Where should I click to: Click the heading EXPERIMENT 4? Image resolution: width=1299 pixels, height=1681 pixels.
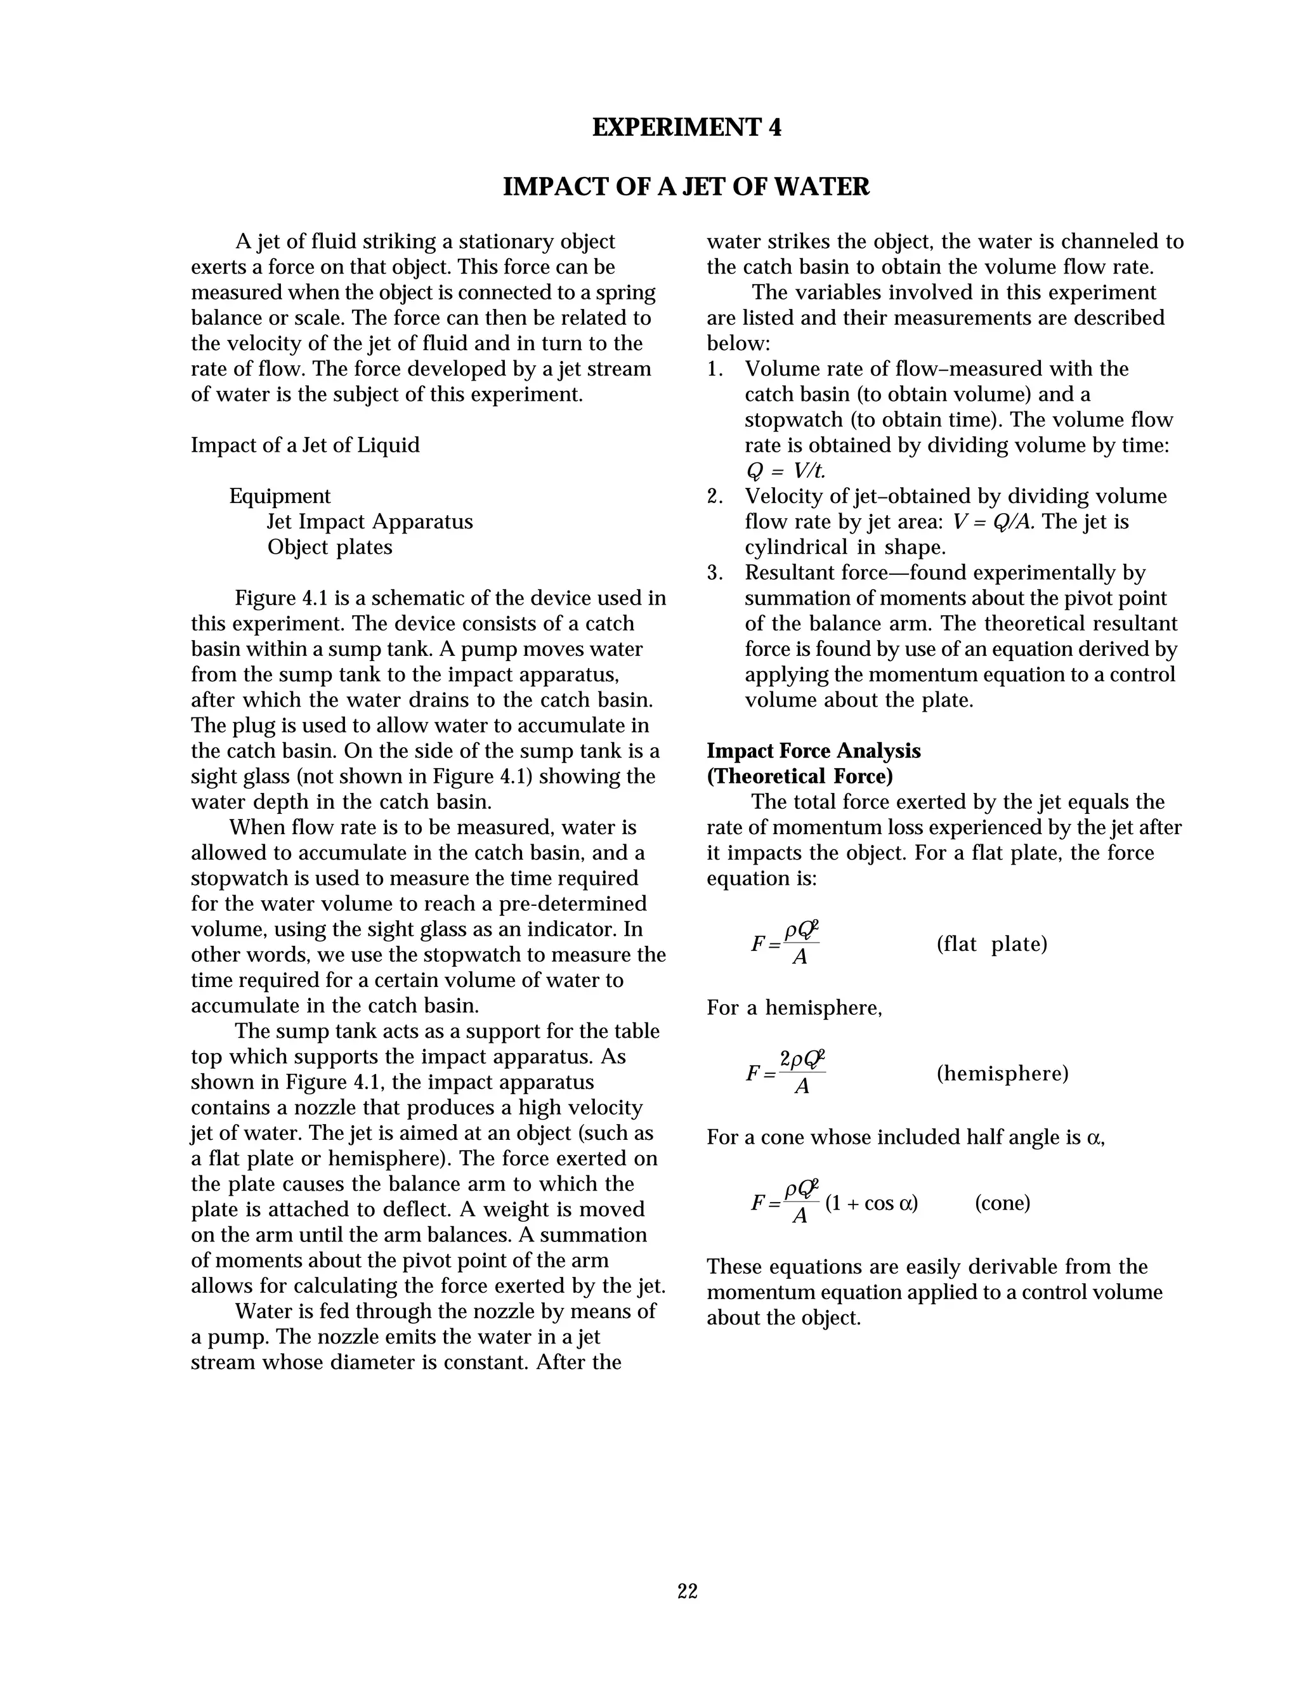[686, 127]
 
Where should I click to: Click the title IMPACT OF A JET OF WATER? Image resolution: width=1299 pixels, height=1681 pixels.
[686, 187]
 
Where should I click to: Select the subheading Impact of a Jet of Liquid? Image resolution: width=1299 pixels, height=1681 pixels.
[306, 446]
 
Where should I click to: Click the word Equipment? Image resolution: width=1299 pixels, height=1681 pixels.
[280, 497]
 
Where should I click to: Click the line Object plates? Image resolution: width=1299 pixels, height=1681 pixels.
[329, 547]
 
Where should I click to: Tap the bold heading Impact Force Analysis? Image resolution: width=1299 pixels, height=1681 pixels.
[813, 751]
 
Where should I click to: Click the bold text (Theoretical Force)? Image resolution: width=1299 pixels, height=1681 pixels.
[800, 776]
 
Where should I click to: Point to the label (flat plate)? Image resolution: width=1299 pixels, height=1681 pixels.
[991, 945]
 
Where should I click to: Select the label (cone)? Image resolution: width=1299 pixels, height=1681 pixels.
[1002, 1203]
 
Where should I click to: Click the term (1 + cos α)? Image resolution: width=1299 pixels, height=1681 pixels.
[871, 1203]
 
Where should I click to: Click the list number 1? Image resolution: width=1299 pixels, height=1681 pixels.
[714, 369]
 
